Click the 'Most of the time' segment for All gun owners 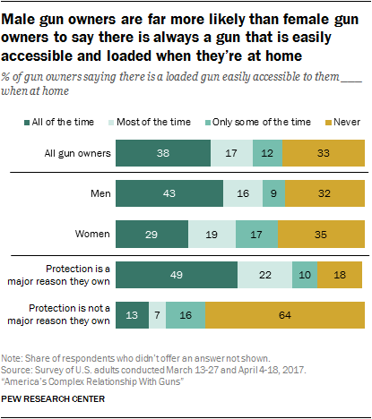pyautogui.click(x=231, y=153)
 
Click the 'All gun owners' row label pyautogui.click(x=77, y=153)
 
